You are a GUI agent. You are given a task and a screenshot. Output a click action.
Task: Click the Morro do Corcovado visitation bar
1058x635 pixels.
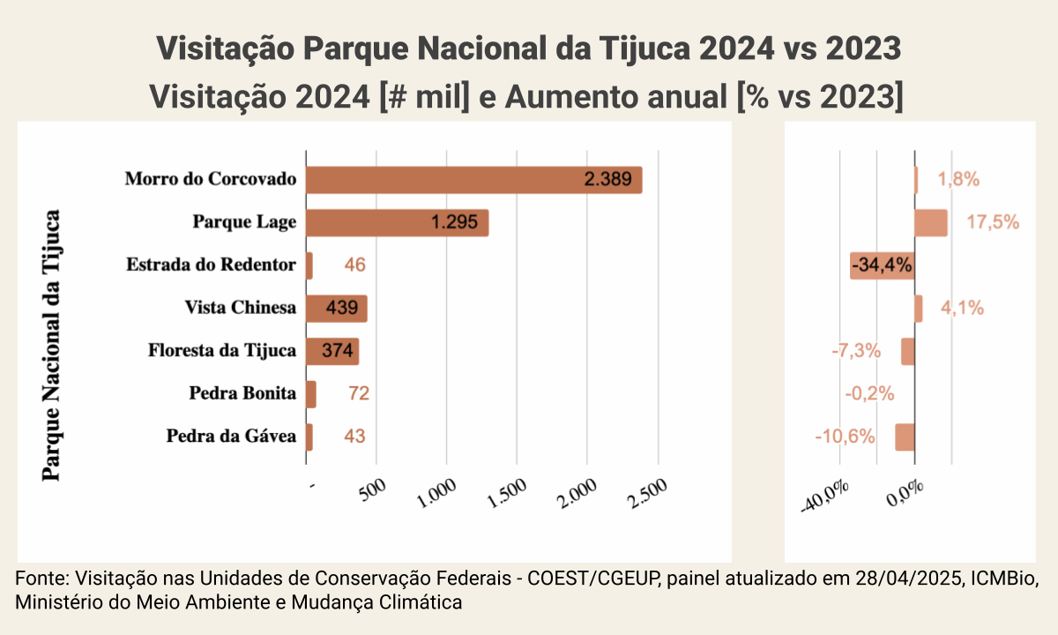point(473,180)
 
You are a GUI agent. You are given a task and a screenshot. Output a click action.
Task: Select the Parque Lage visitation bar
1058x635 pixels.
point(397,222)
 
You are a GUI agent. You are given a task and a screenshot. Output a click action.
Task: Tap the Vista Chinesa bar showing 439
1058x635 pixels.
point(336,309)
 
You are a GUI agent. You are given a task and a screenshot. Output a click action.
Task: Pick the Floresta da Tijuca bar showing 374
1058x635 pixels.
point(332,351)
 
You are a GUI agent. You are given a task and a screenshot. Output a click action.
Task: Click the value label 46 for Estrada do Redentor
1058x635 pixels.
point(354,265)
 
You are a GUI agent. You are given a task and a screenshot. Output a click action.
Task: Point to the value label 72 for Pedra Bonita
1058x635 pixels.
point(358,393)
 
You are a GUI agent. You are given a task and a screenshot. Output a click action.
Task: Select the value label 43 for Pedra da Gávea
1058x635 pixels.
point(354,436)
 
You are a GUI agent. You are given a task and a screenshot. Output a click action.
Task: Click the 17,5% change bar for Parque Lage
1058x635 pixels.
point(931,222)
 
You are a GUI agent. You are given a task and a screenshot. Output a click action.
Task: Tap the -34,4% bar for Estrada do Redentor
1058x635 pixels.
point(883,265)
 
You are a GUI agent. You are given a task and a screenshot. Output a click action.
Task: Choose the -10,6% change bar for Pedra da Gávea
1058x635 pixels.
point(905,437)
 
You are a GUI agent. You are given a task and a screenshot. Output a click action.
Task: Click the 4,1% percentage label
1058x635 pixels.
point(962,309)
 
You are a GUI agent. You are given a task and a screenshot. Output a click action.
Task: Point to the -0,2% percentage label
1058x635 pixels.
point(869,393)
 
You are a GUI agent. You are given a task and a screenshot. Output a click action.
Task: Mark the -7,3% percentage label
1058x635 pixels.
point(856,351)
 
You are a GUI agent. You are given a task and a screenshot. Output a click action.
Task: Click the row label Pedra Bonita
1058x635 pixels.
point(242,393)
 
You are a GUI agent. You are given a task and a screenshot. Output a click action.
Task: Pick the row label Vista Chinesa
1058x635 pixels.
point(240,309)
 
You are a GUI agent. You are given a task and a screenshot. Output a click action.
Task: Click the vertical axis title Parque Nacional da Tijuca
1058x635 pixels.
point(52,344)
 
